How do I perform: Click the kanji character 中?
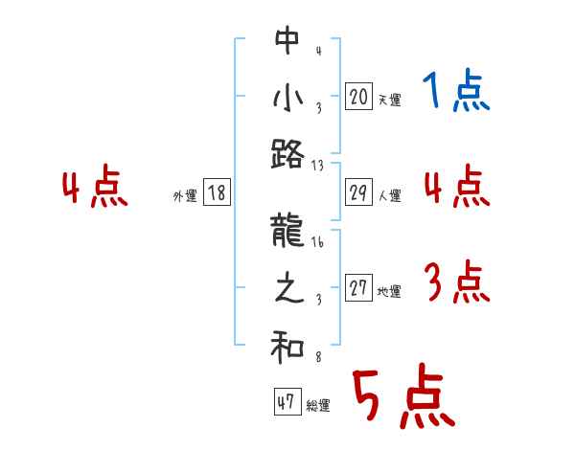tap(287, 41)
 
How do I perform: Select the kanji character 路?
tap(287, 153)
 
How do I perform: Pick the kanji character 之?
tap(287, 291)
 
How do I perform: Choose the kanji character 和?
tap(287, 349)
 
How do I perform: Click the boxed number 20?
tap(358, 96)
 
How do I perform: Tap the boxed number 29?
tap(358, 192)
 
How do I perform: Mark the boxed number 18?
tap(217, 192)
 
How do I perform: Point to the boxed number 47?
tap(285, 402)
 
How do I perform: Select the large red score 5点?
tap(402, 397)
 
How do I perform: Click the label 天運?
tap(389, 100)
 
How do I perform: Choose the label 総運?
tap(318, 406)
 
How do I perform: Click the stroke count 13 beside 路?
tap(318, 165)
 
